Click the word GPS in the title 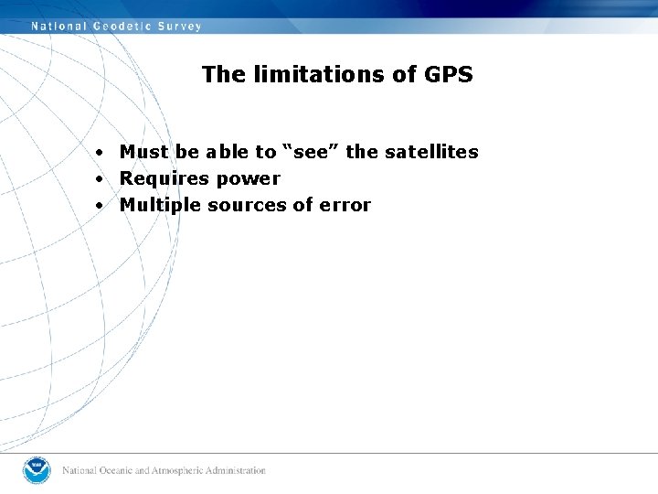449,74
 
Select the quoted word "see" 311,152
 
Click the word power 248,179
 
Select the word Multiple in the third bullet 160,205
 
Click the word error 345,205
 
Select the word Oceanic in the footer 115,470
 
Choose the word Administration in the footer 237,470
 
